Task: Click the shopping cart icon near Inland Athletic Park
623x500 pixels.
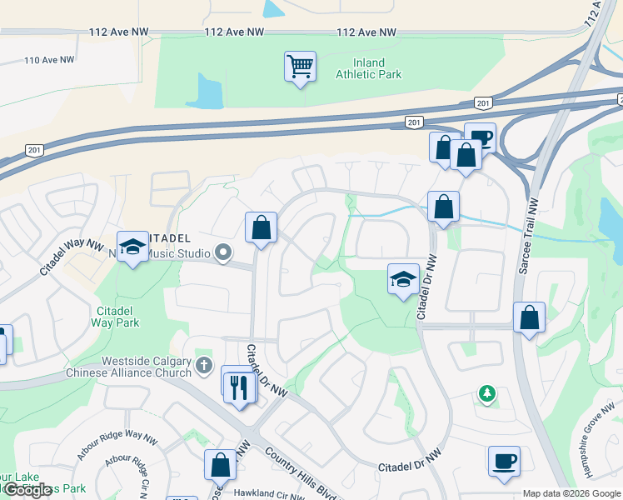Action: (300, 66)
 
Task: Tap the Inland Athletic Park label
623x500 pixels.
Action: (368, 68)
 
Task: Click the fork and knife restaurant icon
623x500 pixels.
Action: (240, 386)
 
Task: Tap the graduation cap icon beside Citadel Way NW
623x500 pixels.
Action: (132, 247)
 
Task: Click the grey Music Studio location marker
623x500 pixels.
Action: (222, 252)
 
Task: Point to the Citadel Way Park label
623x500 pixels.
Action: (114, 317)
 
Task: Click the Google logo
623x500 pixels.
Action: (28, 490)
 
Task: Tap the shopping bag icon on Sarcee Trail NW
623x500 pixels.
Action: (530, 317)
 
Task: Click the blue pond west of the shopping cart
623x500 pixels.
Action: (210, 92)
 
